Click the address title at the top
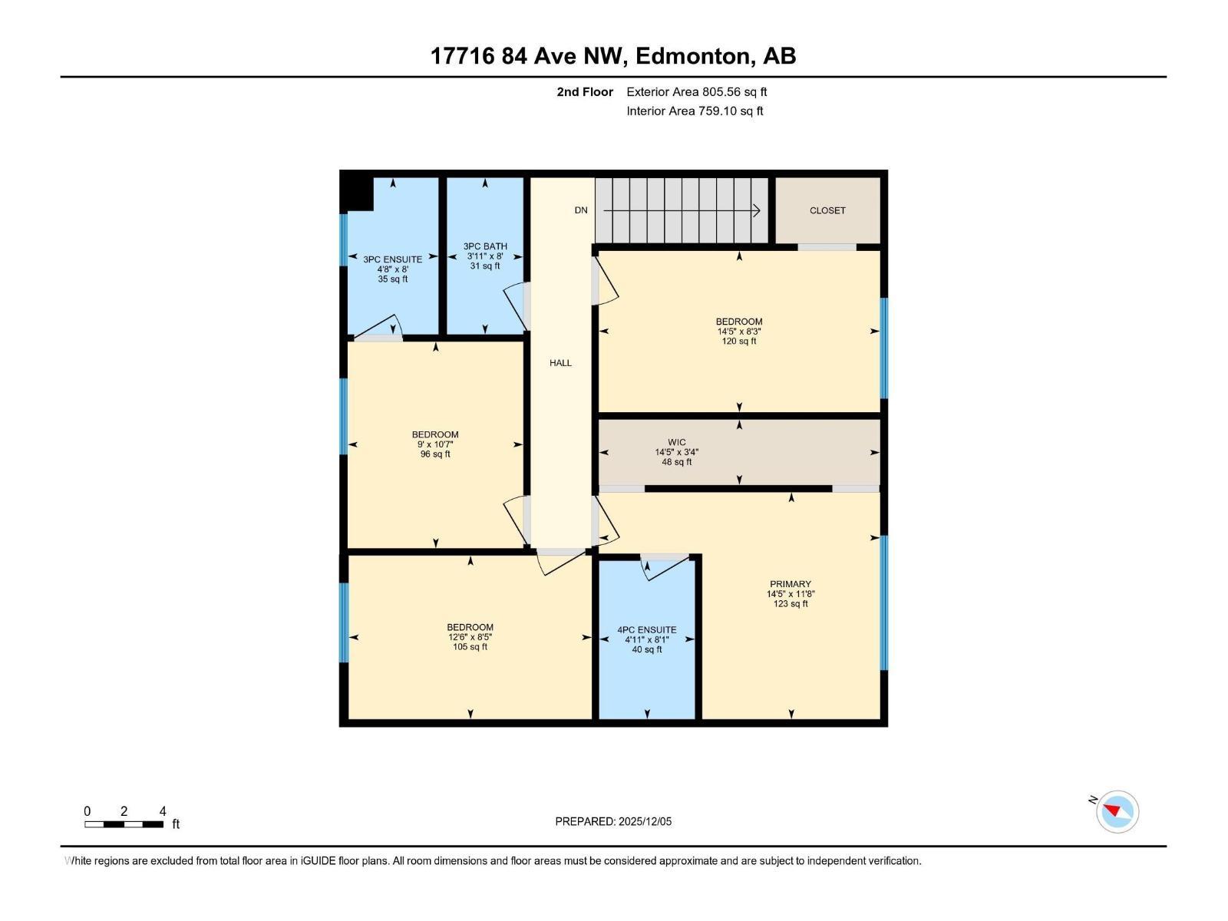(x=613, y=56)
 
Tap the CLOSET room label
(x=827, y=210)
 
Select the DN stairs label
(x=581, y=210)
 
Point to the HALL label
(x=560, y=363)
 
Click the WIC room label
(x=676, y=442)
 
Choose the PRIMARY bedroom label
(x=791, y=584)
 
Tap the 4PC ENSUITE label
(x=647, y=630)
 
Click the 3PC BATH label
(x=485, y=246)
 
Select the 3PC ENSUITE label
(x=393, y=259)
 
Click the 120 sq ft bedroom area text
(x=738, y=342)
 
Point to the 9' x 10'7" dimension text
(x=435, y=444)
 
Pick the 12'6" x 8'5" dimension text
(x=470, y=637)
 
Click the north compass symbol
(x=1117, y=812)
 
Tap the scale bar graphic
(x=124, y=824)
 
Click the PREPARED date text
(x=613, y=821)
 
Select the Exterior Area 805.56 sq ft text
(x=697, y=92)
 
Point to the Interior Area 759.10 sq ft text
(x=695, y=111)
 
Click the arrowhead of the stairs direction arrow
(x=757, y=210)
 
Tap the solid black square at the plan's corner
(x=356, y=191)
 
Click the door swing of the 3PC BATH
(x=515, y=307)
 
